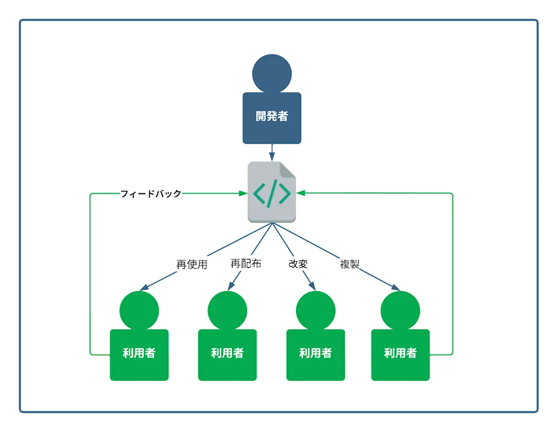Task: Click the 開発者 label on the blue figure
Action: click(271, 116)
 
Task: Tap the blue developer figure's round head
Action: click(271, 73)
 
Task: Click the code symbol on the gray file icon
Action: click(271, 193)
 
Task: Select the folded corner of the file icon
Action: click(288, 169)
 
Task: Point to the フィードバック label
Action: click(151, 194)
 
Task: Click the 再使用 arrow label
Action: click(191, 264)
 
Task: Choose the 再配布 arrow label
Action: click(245, 263)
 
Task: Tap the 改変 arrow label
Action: click(298, 264)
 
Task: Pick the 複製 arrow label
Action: click(349, 264)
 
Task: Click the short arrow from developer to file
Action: click(271, 151)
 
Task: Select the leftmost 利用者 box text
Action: click(139, 353)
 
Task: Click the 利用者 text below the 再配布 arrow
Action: click(227, 353)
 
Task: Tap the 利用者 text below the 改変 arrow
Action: click(315, 353)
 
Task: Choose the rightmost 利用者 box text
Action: click(400, 353)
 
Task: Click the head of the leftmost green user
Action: click(139, 310)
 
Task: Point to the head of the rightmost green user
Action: click(400, 310)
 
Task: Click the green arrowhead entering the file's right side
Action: click(300, 193)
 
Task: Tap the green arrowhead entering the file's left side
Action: click(243, 193)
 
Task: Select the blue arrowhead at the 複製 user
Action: click(396, 288)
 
